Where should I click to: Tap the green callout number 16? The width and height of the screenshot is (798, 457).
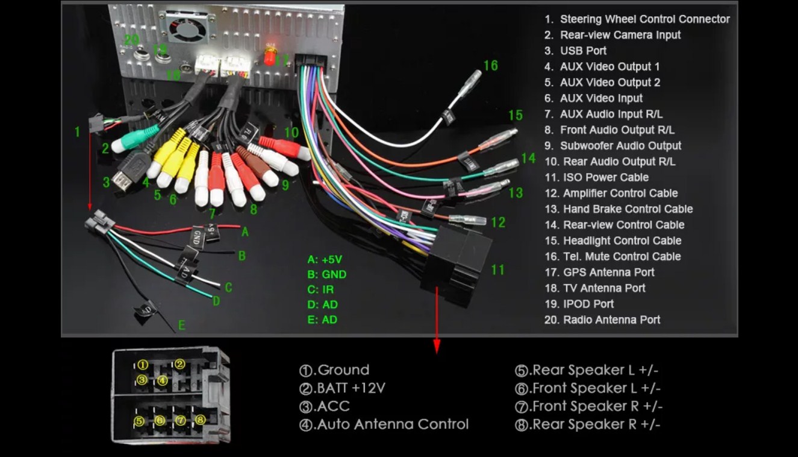(x=490, y=65)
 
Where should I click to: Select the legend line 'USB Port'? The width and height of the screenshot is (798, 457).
(x=582, y=51)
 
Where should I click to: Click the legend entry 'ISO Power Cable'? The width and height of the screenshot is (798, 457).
(x=605, y=177)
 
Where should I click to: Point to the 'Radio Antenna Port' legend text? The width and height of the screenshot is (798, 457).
(x=611, y=320)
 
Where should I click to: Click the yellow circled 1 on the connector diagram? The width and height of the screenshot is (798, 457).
(x=142, y=365)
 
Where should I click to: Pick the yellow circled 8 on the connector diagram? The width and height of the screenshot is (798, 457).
(x=201, y=420)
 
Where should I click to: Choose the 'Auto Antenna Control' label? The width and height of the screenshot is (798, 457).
(x=392, y=424)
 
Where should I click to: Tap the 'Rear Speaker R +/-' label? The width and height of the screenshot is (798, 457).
(x=596, y=424)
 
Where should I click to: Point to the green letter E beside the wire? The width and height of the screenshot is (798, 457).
(x=181, y=326)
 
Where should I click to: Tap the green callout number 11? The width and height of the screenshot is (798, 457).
(x=497, y=269)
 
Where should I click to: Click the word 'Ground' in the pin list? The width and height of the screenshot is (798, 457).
(x=343, y=370)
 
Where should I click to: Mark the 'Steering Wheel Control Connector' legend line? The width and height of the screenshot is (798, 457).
(x=644, y=19)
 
